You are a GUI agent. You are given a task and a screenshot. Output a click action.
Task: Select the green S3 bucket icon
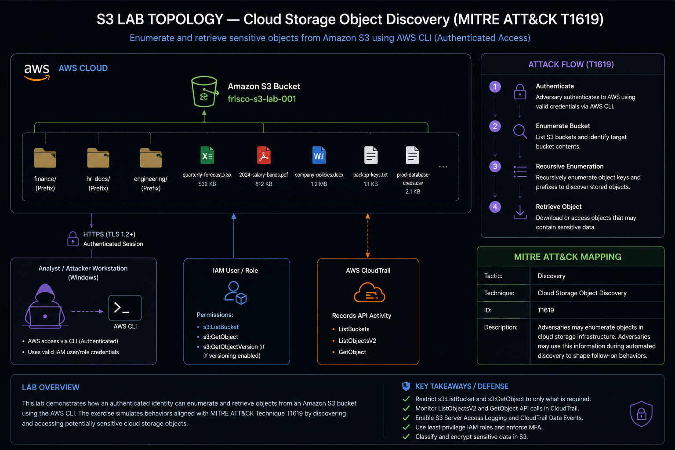(205, 92)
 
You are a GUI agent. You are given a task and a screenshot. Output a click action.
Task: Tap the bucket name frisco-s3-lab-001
(262, 99)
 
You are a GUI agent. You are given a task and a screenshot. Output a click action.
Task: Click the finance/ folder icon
(45, 158)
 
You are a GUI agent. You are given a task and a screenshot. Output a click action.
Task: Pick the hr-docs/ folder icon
(98, 158)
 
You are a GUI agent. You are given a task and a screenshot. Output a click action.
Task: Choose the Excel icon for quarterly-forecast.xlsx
(207, 155)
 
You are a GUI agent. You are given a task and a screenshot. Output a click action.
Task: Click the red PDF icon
(264, 155)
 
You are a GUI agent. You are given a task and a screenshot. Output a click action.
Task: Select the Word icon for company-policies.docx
(319, 155)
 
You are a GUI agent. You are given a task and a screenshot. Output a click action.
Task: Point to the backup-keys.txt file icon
(370, 155)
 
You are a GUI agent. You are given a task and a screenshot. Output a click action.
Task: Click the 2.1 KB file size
(413, 192)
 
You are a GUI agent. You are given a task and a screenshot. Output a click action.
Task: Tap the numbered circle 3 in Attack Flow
(495, 167)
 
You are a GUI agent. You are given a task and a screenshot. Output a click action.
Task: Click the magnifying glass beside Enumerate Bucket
(520, 131)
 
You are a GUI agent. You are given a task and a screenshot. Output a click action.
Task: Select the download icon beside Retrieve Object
(520, 212)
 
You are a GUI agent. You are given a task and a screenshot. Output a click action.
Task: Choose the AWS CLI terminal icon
(125, 308)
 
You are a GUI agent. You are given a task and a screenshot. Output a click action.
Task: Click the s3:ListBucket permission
(221, 327)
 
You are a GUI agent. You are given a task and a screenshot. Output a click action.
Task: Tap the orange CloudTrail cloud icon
(370, 292)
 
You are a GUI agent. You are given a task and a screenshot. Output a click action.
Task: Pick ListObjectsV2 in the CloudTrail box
(357, 341)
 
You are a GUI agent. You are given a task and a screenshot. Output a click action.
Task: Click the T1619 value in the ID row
(546, 310)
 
